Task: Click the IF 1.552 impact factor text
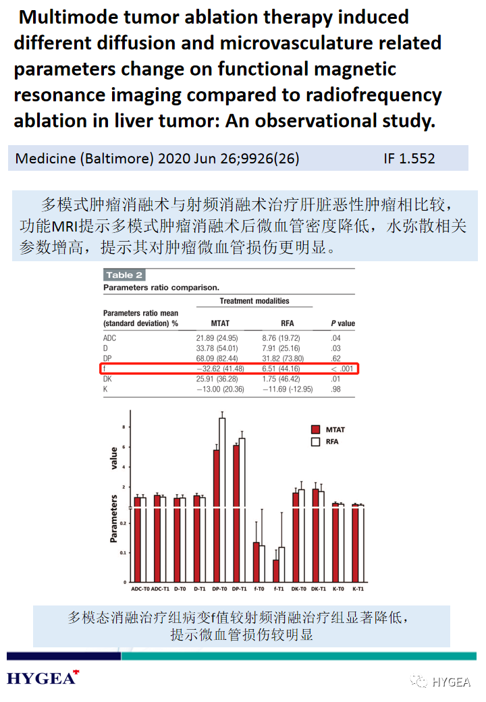point(409,159)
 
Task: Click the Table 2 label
point(124,275)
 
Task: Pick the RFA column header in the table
point(287,323)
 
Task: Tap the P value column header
point(342,323)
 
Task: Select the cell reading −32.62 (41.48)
point(220,369)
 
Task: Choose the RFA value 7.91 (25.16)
point(281,348)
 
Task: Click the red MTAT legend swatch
point(315,430)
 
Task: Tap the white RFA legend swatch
point(315,442)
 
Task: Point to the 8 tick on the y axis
point(124,427)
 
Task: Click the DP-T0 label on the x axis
point(219,589)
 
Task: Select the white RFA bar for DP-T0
point(222,500)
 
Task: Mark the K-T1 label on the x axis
point(358,589)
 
